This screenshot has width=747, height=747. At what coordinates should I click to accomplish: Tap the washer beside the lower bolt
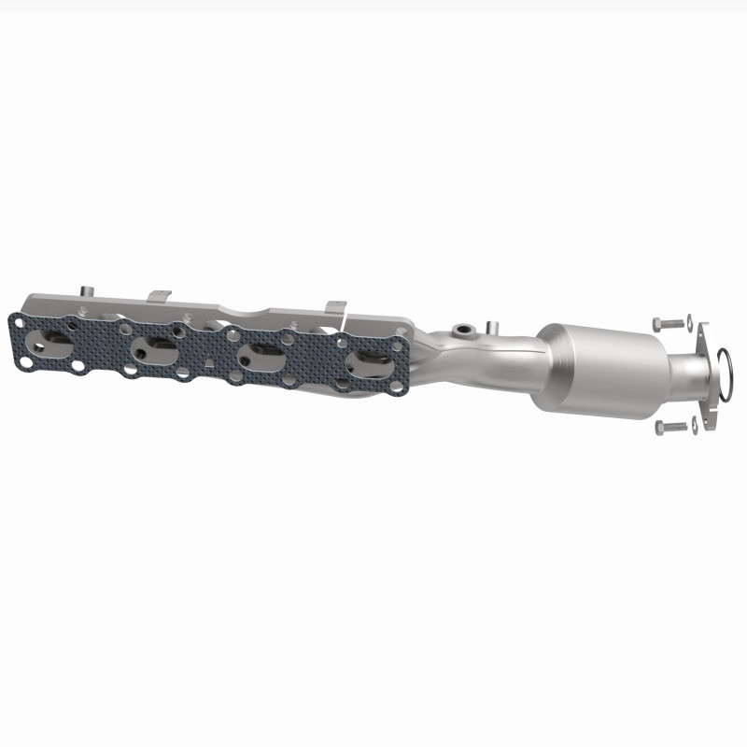tap(695, 429)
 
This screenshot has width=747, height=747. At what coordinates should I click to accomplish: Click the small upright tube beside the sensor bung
tap(489, 327)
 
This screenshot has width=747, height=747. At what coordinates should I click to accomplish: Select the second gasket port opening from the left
tap(154, 350)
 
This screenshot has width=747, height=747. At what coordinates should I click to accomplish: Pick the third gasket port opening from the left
tap(258, 358)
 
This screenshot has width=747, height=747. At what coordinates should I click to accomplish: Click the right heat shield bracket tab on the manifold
tap(334, 307)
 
